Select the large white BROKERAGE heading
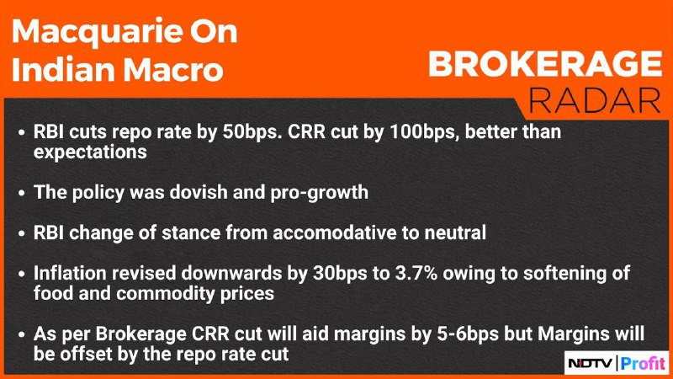click(x=545, y=64)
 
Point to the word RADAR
click(x=595, y=100)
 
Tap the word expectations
click(x=90, y=152)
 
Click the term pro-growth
click(x=320, y=193)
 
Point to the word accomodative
click(x=335, y=232)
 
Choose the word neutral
click(x=455, y=232)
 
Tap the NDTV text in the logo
click(x=591, y=364)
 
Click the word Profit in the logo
click(x=643, y=364)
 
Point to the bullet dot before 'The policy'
click(x=22, y=193)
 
